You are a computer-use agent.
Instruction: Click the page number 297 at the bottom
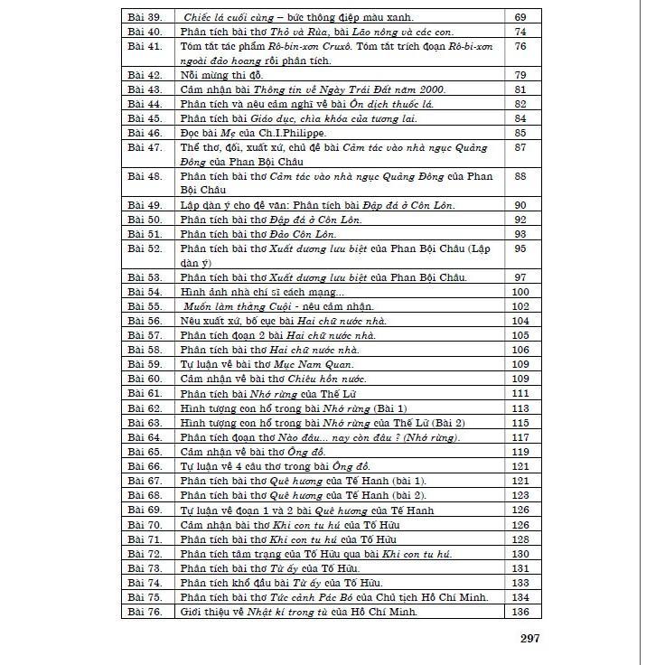[x=529, y=639]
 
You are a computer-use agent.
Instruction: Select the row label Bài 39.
[x=145, y=16]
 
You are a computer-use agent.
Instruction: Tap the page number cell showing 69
[x=520, y=16]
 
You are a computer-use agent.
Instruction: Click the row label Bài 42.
[x=145, y=75]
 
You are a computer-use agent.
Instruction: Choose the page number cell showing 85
[x=520, y=133]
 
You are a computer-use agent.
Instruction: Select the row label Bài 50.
[x=145, y=220]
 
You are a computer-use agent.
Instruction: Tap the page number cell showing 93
[x=520, y=234]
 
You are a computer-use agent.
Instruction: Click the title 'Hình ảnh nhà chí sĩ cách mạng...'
[x=262, y=292]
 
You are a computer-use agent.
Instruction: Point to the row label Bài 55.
[x=145, y=306]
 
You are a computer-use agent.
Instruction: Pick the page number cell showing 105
[x=520, y=335]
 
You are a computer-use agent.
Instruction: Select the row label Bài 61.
[x=145, y=393]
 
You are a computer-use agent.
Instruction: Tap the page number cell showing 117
[x=520, y=436]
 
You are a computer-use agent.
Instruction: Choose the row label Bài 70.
[x=145, y=524]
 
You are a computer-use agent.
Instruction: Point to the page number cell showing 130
[x=520, y=553]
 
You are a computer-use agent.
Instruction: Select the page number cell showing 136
[x=520, y=612]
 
